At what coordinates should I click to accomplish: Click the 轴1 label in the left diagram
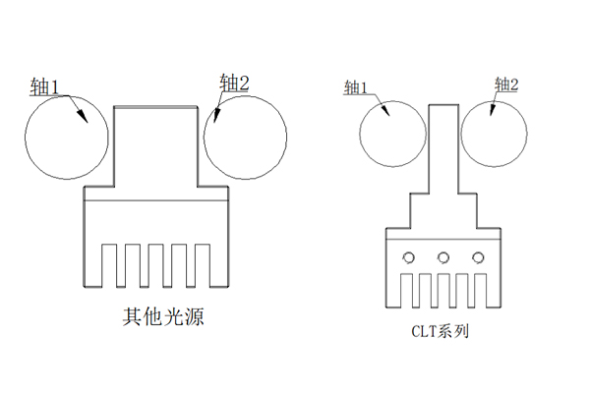click(46, 87)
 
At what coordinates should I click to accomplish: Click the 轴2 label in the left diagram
click(235, 84)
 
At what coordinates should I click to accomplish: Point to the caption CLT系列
click(440, 331)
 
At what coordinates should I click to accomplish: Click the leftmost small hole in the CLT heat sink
click(407, 257)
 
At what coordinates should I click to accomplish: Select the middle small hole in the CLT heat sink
click(443, 257)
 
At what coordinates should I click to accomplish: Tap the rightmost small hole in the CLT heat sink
click(479, 257)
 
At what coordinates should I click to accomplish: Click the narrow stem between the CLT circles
click(442, 147)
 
